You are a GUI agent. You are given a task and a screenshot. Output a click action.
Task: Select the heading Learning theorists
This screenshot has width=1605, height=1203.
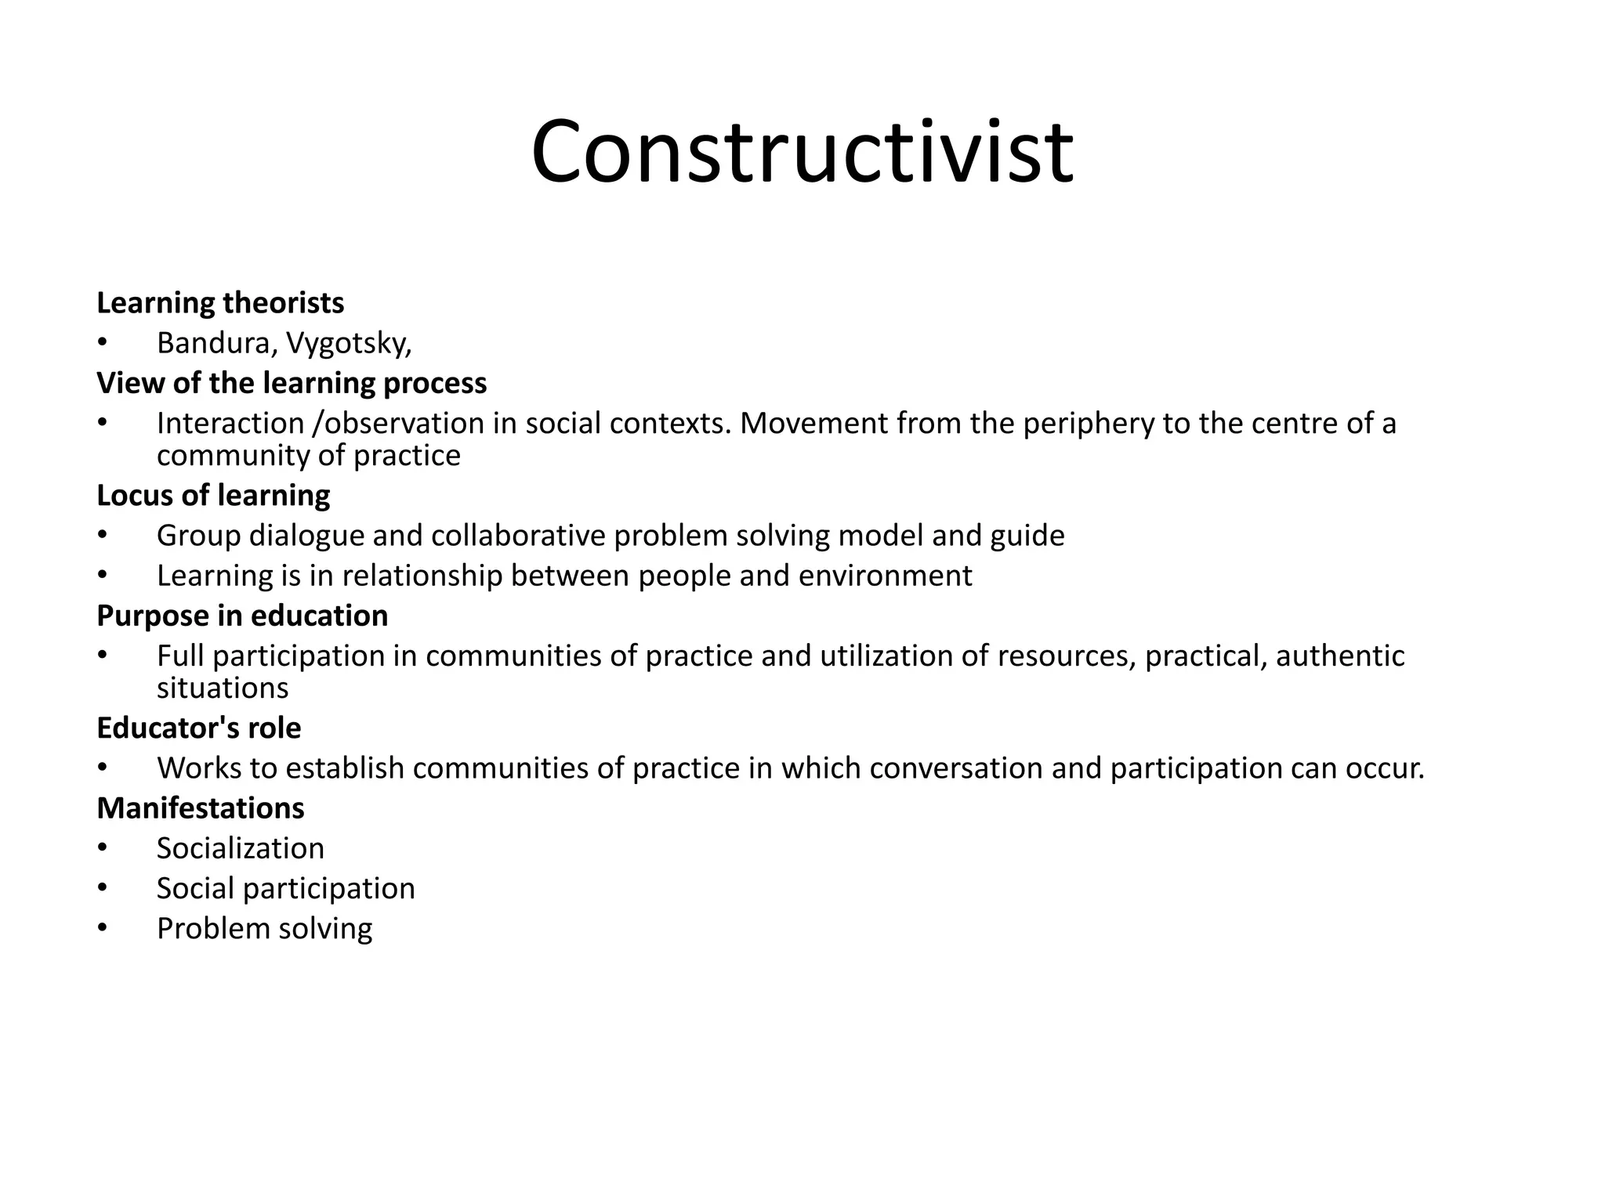220,303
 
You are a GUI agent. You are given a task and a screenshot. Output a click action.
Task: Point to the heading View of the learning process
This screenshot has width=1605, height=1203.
292,383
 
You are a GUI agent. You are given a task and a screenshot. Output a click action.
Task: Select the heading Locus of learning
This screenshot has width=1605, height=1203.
213,495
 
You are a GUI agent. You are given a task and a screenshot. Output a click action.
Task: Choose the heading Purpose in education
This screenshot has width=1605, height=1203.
242,616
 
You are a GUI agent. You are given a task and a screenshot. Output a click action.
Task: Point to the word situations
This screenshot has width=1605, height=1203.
223,688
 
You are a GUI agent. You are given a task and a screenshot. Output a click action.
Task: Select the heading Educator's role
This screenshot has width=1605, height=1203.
198,728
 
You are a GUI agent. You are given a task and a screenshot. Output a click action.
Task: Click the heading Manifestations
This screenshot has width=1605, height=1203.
201,808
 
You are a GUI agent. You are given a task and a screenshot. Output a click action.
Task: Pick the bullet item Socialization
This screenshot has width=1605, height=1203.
240,848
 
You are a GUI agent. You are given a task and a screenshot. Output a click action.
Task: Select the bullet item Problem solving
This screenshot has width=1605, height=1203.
264,929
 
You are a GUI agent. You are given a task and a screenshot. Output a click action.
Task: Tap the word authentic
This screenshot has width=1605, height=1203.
1339,656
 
